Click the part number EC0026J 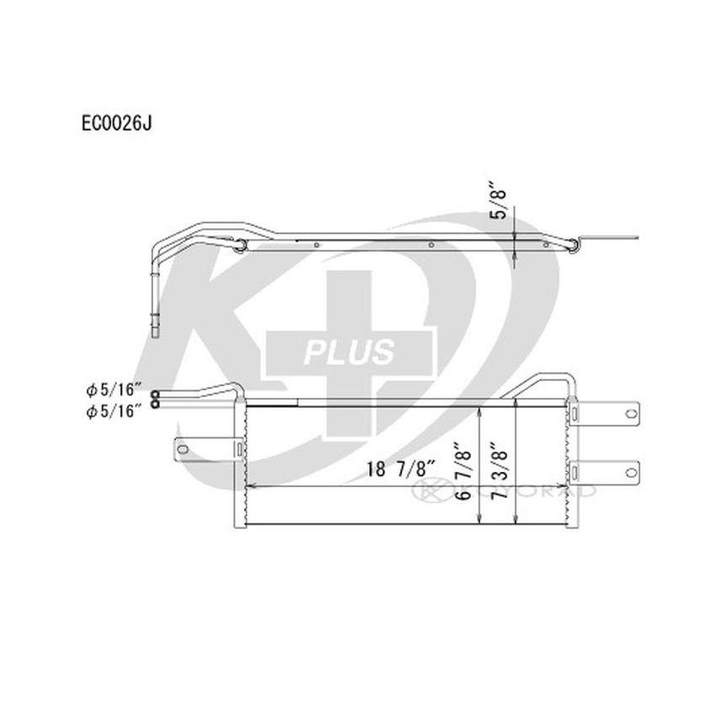(x=115, y=123)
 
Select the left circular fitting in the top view (x=239, y=245)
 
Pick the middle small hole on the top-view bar (x=431, y=246)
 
